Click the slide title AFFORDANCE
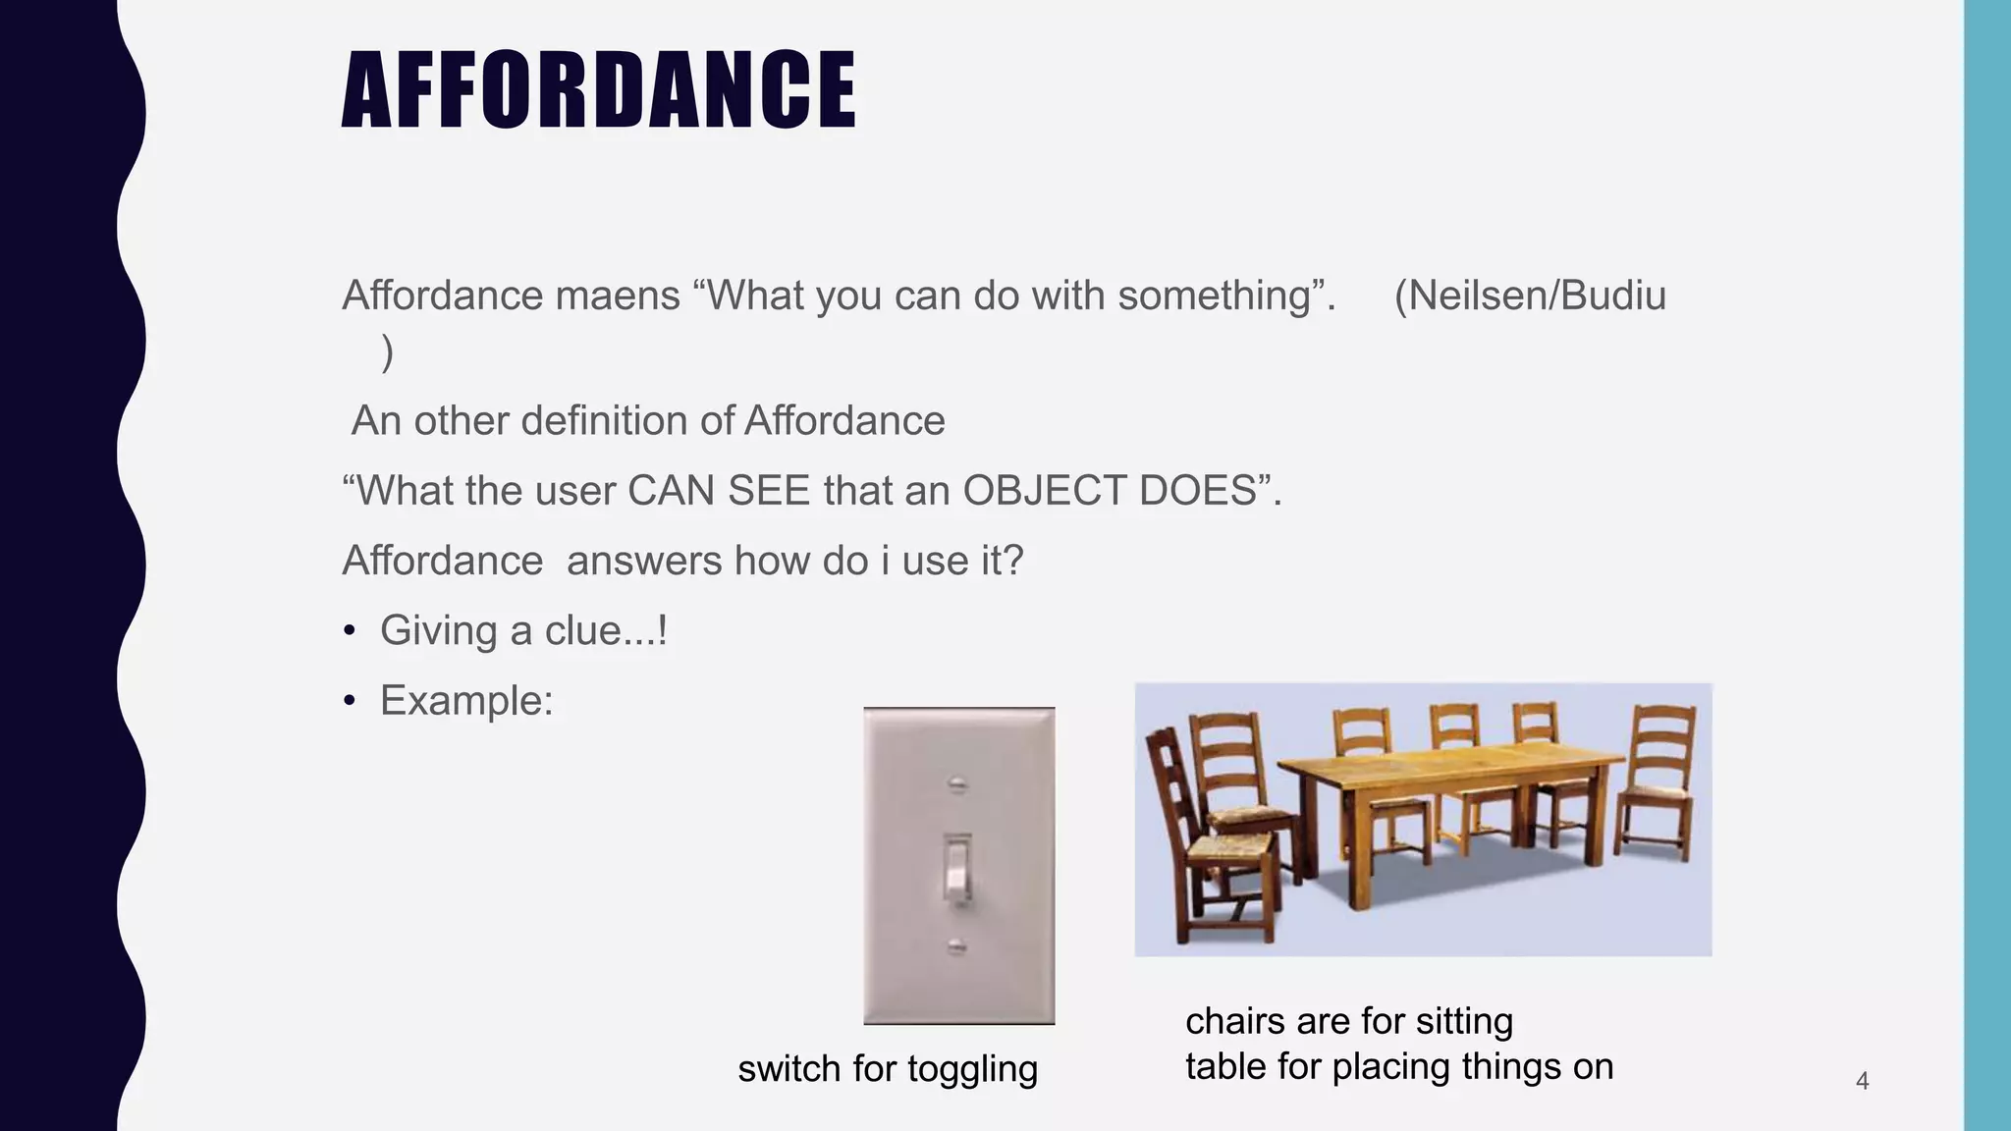coord(599,90)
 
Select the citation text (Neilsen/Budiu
coord(1530,296)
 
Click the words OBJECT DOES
coord(1110,490)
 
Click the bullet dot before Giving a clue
coord(350,631)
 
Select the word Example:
coord(466,701)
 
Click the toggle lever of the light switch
coord(957,868)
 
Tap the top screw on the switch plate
coord(957,783)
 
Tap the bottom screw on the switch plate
coord(957,946)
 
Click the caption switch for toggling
coord(888,1068)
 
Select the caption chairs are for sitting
coord(1348,1021)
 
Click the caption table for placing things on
coord(1398,1066)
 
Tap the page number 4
coord(1862,1081)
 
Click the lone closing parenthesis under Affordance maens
coord(387,351)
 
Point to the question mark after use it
coord(1014,562)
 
